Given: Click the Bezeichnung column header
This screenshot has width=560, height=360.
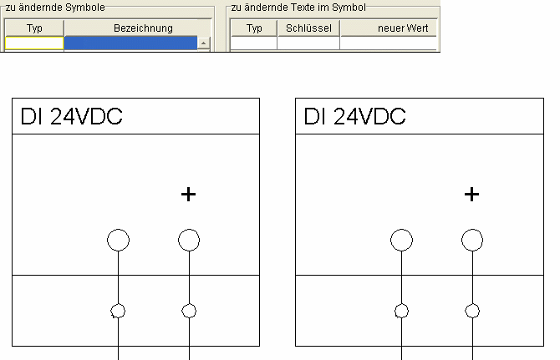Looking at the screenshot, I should click(x=142, y=28).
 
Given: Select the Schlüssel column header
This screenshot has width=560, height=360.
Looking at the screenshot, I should click(x=308, y=28).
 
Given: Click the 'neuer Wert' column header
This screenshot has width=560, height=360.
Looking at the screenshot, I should click(x=390, y=28).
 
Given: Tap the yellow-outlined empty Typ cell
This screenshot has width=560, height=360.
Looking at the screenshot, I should click(x=34, y=43).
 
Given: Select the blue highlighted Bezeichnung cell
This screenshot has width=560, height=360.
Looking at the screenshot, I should click(x=130, y=43).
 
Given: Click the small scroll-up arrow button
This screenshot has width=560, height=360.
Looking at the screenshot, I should click(x=203, y=42).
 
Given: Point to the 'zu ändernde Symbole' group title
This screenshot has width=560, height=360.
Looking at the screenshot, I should click(x=55, y=8).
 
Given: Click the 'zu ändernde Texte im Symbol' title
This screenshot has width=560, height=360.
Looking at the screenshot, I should click(x=298, y=8).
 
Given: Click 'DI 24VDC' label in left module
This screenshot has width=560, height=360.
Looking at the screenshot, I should click(x=71, y=117).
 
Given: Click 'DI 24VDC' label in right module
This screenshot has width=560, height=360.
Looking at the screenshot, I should click(x=355, y=117).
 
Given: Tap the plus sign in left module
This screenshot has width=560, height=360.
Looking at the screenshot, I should click(x=189, y=195).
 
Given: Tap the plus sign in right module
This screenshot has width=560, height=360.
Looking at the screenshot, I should click(x=472, y=195).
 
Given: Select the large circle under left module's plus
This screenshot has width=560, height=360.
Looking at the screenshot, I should click(x=189, y=241).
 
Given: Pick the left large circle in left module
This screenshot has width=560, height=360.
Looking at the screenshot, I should click(x=119, y=241).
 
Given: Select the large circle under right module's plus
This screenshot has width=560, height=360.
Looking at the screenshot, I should click(x=472, y=241).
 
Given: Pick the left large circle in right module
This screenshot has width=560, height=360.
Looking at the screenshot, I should click(x=402, y=241).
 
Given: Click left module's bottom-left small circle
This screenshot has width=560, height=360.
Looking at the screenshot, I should click(x=119, y=312).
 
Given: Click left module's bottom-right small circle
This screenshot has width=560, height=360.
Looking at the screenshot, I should click(x=189, y=312).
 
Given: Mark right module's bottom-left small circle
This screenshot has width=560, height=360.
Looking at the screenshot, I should click(x=402, y=312).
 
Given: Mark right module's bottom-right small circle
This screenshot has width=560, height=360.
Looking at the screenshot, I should click(x=472, y=312).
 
